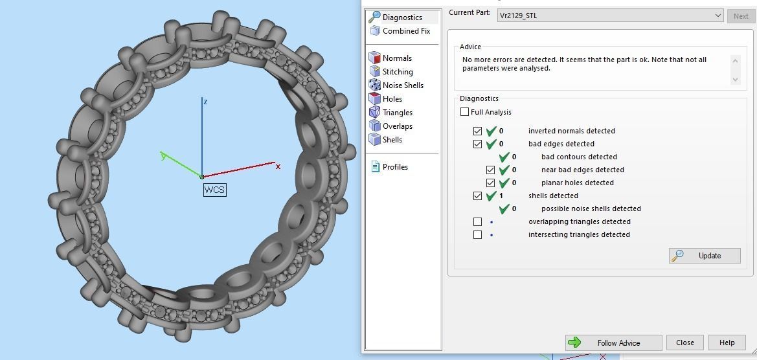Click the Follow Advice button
pos(613,343)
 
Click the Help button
pos(727,343)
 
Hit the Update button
pos(705,255)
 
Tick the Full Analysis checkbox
pos(465,112)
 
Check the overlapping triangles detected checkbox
pos(478,221)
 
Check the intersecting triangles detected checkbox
pos(478,234)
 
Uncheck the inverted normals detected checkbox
pos(478,131)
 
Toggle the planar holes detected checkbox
pos(491,183)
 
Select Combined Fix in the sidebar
pos(405,31)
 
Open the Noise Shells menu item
pos(402,85)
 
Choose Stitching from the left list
pos(397,72)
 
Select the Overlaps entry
pos(397,126)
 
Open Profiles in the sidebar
pos(394,167)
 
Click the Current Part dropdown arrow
pos(717,16)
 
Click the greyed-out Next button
pos(741,16)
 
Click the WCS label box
pos(214,190)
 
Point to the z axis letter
pos(205,102)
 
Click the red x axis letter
pos(278,166)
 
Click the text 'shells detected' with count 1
pos(553,196)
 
